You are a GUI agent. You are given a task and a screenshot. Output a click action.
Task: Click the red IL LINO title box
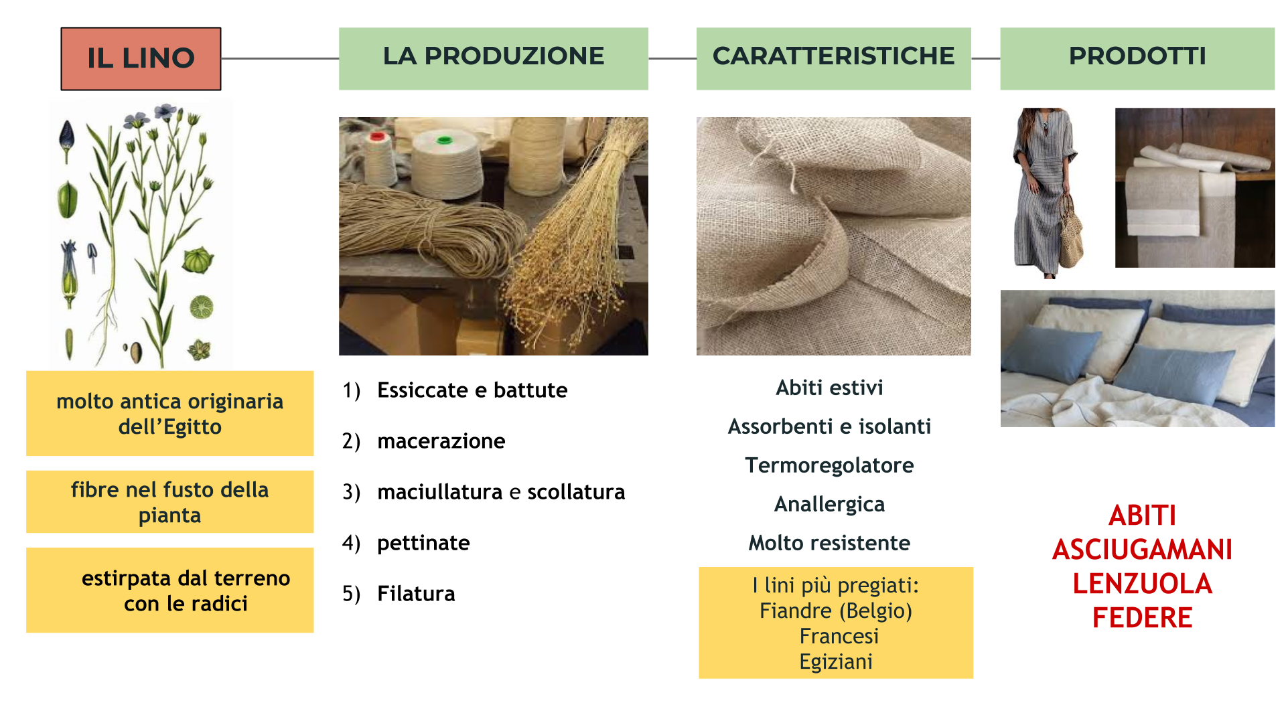(141, 59)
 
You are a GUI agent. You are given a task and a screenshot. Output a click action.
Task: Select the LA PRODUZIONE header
(494, 58)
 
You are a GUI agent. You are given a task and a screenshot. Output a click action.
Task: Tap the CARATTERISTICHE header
(834, 58)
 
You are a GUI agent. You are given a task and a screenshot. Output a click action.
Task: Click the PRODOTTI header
(1137, 58)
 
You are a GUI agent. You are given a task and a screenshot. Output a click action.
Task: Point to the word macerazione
(441, 441)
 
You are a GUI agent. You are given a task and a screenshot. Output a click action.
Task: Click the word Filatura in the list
(416, 594)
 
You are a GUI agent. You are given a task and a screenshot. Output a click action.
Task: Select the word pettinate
(423, 544)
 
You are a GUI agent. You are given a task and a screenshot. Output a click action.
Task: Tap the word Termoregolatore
(829, 466)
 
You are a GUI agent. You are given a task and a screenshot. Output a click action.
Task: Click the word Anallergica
(829, 505)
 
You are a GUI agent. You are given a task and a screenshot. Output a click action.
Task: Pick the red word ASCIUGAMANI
(1142, 550)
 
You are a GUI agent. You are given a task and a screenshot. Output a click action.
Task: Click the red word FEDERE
(1142, 618)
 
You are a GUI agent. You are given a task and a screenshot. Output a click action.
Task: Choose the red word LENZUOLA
(1142, 584)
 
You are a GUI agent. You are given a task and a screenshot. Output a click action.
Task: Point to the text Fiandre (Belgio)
(836, 611)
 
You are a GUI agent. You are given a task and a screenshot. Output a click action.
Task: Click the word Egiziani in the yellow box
(836, 662)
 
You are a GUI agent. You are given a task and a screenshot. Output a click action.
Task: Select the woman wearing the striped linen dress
(1047, 193)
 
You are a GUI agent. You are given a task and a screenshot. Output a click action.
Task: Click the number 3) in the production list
(352, 493)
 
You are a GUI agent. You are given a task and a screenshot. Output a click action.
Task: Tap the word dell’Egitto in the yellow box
(170, 427)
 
